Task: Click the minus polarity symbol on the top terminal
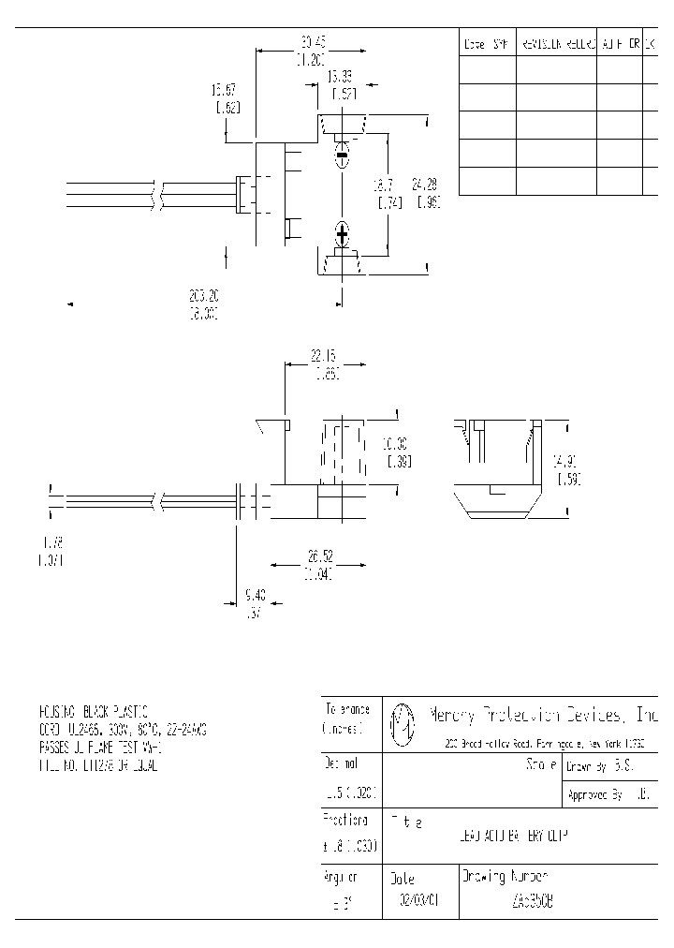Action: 343,154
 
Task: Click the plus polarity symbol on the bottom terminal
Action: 343,231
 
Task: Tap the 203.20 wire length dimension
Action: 203,296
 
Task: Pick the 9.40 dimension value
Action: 254,595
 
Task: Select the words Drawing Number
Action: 505,878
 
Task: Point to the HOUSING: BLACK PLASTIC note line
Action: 94,711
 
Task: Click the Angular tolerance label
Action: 341,878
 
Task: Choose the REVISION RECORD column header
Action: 556,44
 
